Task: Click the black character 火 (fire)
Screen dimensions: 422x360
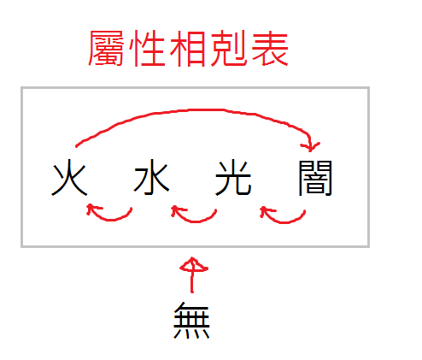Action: tap(69, 178)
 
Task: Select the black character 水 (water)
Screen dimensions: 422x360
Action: tap(151, 177)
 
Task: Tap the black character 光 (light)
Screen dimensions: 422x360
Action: tap(233, 178)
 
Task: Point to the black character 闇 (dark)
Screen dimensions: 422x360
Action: tap(315, 178)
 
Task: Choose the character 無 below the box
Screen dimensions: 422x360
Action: tap(191, 321)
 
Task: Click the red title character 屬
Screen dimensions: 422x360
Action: tap(106, 48)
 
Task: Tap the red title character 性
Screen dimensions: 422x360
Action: tap(148, 48)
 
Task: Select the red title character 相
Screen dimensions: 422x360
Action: tap(188, 48)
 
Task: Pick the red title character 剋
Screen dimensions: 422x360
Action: tap(229, 48)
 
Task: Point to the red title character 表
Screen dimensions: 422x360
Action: tap(270, 48)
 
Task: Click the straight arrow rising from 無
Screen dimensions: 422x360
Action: tap(192, 275)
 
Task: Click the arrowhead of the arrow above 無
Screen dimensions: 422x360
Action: tap(193, 264)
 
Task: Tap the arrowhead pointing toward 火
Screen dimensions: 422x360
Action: tap(91, 209)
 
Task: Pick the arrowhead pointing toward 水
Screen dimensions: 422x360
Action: tap(177, 211)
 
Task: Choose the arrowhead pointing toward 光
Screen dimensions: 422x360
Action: tap(266, 212)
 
